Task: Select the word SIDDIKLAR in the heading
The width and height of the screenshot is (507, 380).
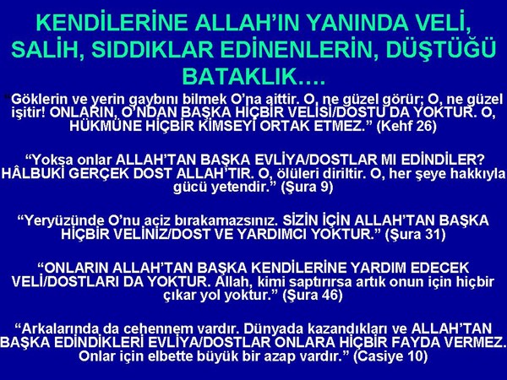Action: pos(153,49)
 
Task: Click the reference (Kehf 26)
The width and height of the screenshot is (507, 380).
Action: pos(406,125)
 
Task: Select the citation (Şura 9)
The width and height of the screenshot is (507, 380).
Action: pos(308,187)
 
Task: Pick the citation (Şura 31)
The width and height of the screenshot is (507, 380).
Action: pos(415,234)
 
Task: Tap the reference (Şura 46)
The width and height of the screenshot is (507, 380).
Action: pos(313,295)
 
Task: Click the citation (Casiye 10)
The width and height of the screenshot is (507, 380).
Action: pos(390,356)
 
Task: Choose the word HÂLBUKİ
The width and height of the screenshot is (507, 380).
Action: pos(33,173)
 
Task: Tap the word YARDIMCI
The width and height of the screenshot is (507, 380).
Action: pos(272,234)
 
